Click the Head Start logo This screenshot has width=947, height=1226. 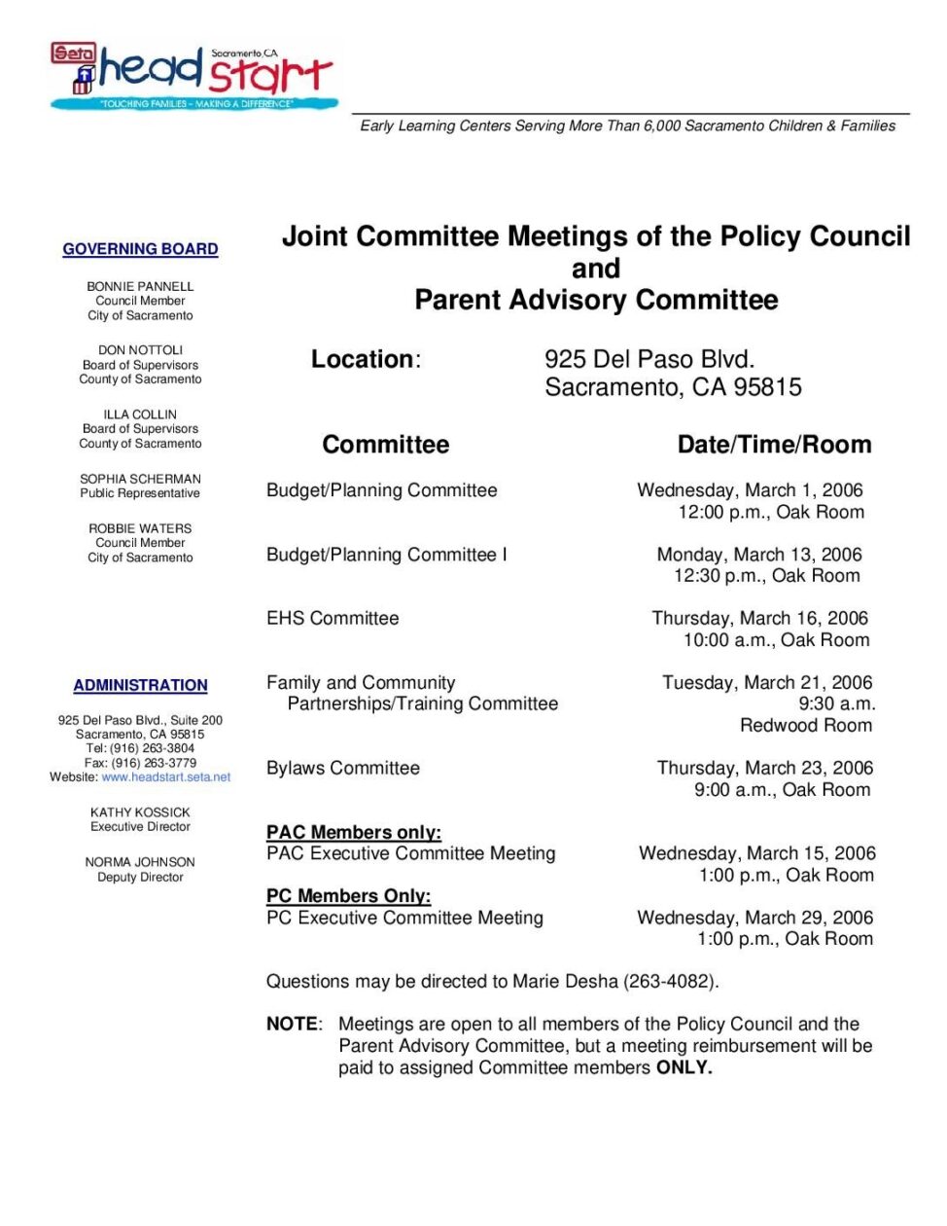194,75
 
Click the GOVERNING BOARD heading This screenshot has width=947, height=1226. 140,249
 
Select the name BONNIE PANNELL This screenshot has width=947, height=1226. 140,287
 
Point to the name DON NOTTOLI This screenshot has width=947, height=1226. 140,350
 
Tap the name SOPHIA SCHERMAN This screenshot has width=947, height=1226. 140,479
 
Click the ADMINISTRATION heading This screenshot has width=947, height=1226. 140,685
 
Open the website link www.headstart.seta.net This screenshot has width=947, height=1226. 166,777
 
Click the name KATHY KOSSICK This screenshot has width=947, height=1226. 140,812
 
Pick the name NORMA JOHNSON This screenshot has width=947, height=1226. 140,862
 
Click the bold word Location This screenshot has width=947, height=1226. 362,359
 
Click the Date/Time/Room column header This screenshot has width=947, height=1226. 774,445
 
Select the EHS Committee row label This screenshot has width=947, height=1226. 333,619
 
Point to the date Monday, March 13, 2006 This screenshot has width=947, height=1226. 759,555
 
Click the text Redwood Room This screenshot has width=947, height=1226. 806,725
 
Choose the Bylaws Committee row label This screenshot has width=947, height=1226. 343,769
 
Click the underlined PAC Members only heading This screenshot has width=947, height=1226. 354,833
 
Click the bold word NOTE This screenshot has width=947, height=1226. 292,1025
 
